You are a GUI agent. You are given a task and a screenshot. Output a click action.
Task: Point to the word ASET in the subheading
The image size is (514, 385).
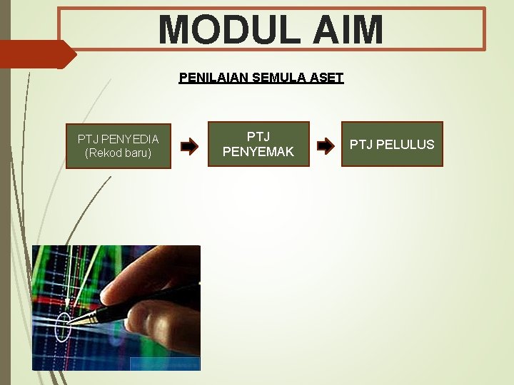[326, 78]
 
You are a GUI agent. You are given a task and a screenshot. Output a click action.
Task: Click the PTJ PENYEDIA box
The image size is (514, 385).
[119, 145]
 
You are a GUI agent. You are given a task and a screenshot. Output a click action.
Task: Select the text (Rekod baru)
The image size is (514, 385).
[119, 153]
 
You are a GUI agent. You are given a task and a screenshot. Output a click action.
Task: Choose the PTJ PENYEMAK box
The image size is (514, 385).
[258, 144]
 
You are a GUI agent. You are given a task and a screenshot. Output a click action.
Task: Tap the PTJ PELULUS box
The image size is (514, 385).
[392, 145]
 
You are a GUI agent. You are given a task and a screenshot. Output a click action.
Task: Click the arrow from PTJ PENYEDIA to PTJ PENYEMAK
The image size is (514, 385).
[189, 148]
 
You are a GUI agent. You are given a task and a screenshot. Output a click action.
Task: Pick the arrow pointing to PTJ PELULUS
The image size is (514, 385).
[325, 146]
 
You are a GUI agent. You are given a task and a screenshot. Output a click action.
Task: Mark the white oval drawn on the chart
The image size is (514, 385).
[64, 327]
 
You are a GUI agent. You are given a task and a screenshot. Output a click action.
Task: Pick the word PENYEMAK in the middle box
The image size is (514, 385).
[258, 151]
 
